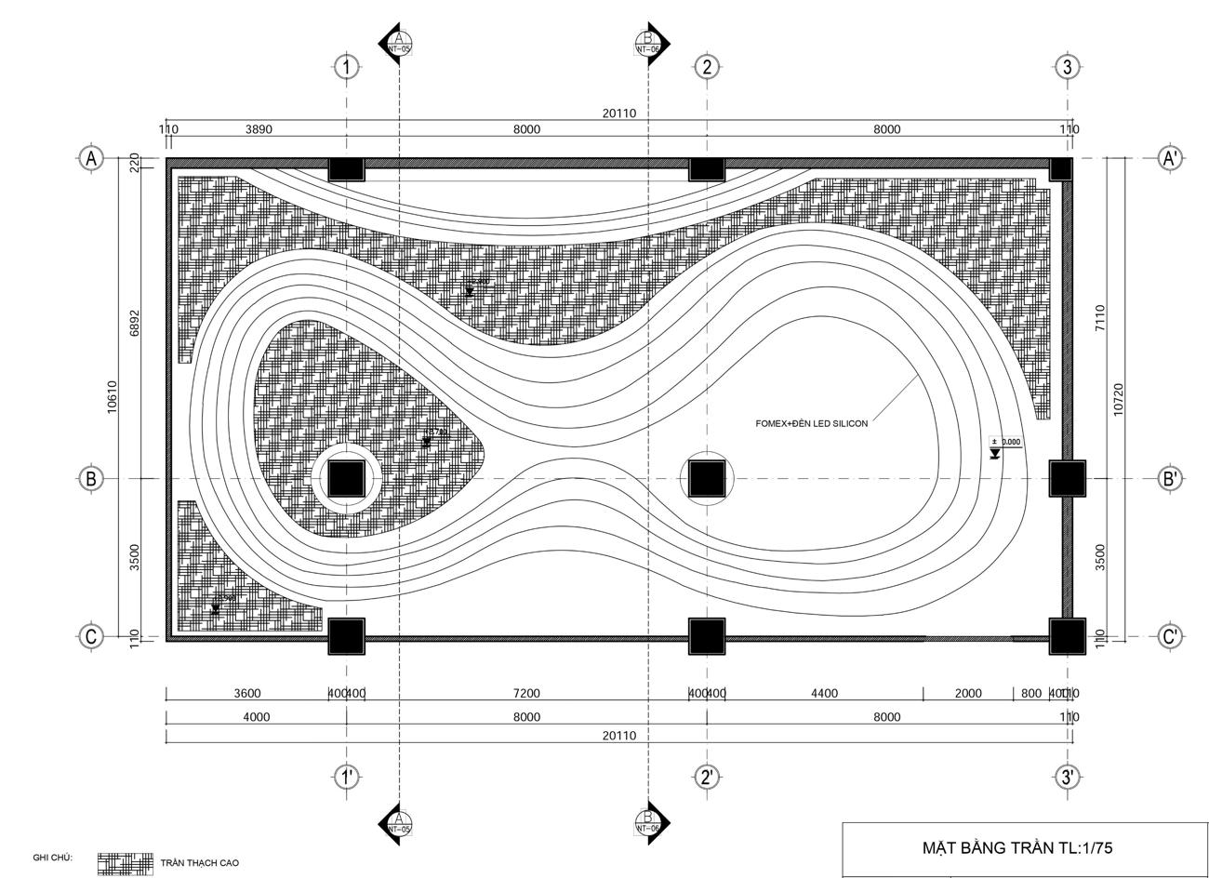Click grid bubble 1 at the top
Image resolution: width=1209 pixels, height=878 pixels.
346,67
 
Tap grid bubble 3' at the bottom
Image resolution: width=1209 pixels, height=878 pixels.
1068,777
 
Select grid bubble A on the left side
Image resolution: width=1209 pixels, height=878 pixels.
91,158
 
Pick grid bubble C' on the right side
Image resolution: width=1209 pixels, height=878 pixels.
1170,637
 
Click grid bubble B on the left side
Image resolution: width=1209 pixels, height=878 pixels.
91,479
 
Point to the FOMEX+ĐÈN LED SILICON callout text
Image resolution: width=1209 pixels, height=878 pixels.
811,424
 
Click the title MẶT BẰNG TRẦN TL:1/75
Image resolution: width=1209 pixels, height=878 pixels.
1016,848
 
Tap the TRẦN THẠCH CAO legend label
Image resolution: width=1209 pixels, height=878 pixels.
199,863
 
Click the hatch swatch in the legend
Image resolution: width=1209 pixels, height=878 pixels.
126,863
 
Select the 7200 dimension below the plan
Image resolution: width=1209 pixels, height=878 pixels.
526,693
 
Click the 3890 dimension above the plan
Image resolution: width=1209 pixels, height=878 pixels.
259,129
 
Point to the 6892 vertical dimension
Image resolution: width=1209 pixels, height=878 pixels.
135,323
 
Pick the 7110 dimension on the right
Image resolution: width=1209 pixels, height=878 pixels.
1100,318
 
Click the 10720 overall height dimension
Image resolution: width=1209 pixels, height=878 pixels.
1119,400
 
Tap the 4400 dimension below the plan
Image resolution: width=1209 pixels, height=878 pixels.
824,693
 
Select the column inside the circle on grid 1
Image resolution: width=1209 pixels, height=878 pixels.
346,479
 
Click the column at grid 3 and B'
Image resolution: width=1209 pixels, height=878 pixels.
1068,479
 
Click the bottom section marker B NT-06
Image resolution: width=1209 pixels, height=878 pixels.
649,822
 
